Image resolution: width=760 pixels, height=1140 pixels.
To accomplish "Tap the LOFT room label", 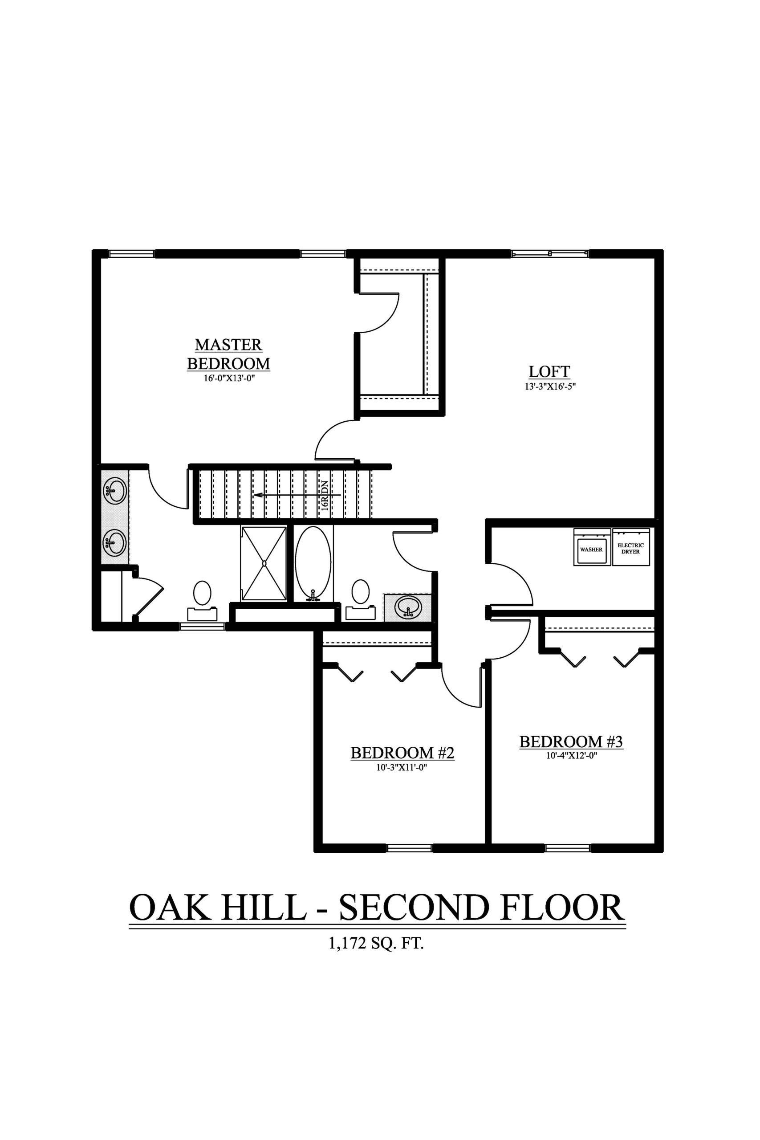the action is tap(549, 371).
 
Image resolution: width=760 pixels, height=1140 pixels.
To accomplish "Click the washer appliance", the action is tap(591, 547).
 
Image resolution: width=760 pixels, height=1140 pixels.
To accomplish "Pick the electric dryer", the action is tap(630, 547).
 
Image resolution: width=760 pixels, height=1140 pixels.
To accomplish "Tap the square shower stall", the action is tap(264, 564).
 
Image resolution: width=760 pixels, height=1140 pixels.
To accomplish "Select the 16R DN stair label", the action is tap(325, 494).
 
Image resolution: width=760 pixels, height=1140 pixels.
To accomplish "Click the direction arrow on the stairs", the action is tap(297, 495).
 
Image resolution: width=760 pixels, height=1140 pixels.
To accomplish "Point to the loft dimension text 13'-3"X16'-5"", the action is tap(549, 386).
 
